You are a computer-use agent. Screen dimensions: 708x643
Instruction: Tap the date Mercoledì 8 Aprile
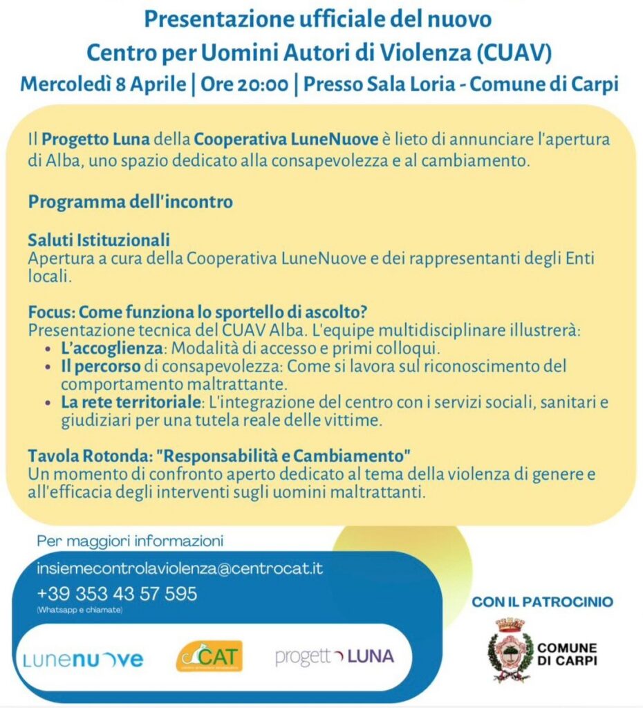(x=103, y=84)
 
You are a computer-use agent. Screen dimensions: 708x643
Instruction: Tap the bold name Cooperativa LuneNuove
(x=286, y=139)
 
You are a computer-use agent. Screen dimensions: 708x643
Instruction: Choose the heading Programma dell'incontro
(x=130, y=203)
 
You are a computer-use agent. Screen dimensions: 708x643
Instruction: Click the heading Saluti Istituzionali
(x=99, y=240)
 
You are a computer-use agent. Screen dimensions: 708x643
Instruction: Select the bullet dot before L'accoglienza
(x=47, y=347)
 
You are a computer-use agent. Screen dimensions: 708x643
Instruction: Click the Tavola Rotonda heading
(x=220, y=457)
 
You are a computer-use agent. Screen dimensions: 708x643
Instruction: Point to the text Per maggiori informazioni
(x=130, y=540)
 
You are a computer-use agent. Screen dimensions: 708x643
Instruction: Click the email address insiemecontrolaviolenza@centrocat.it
(x=180, y=569)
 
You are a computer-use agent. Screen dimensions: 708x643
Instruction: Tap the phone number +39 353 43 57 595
(x=117, y=593)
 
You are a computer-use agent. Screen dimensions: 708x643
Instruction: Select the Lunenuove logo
(x=84, y=659)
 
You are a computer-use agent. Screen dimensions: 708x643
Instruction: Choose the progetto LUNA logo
(x=335, y=656)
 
